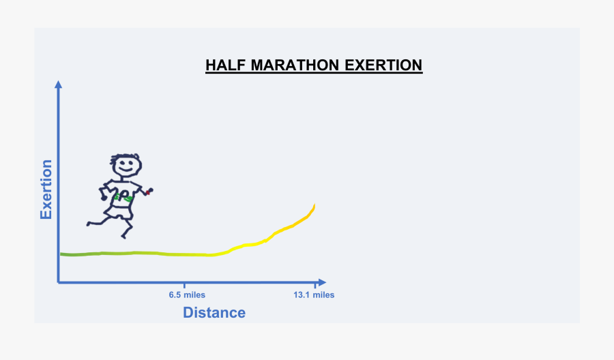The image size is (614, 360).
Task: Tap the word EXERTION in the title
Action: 383,65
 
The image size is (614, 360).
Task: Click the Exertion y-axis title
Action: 46,189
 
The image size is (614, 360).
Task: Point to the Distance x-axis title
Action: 214,313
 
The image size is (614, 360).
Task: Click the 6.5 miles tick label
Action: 187,295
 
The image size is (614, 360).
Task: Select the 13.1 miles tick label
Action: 314,295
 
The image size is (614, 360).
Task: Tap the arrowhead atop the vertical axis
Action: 59,85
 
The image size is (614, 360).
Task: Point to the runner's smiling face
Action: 126,166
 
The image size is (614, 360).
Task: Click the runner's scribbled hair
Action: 126,156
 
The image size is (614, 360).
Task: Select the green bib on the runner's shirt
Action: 123,197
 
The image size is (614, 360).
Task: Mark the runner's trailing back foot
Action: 89,223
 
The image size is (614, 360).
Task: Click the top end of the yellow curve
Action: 314,206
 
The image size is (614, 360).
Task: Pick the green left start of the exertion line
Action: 63,254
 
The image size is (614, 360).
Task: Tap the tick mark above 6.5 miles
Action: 185,282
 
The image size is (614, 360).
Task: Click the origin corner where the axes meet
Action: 59,282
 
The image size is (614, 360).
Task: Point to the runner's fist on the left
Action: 103,195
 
